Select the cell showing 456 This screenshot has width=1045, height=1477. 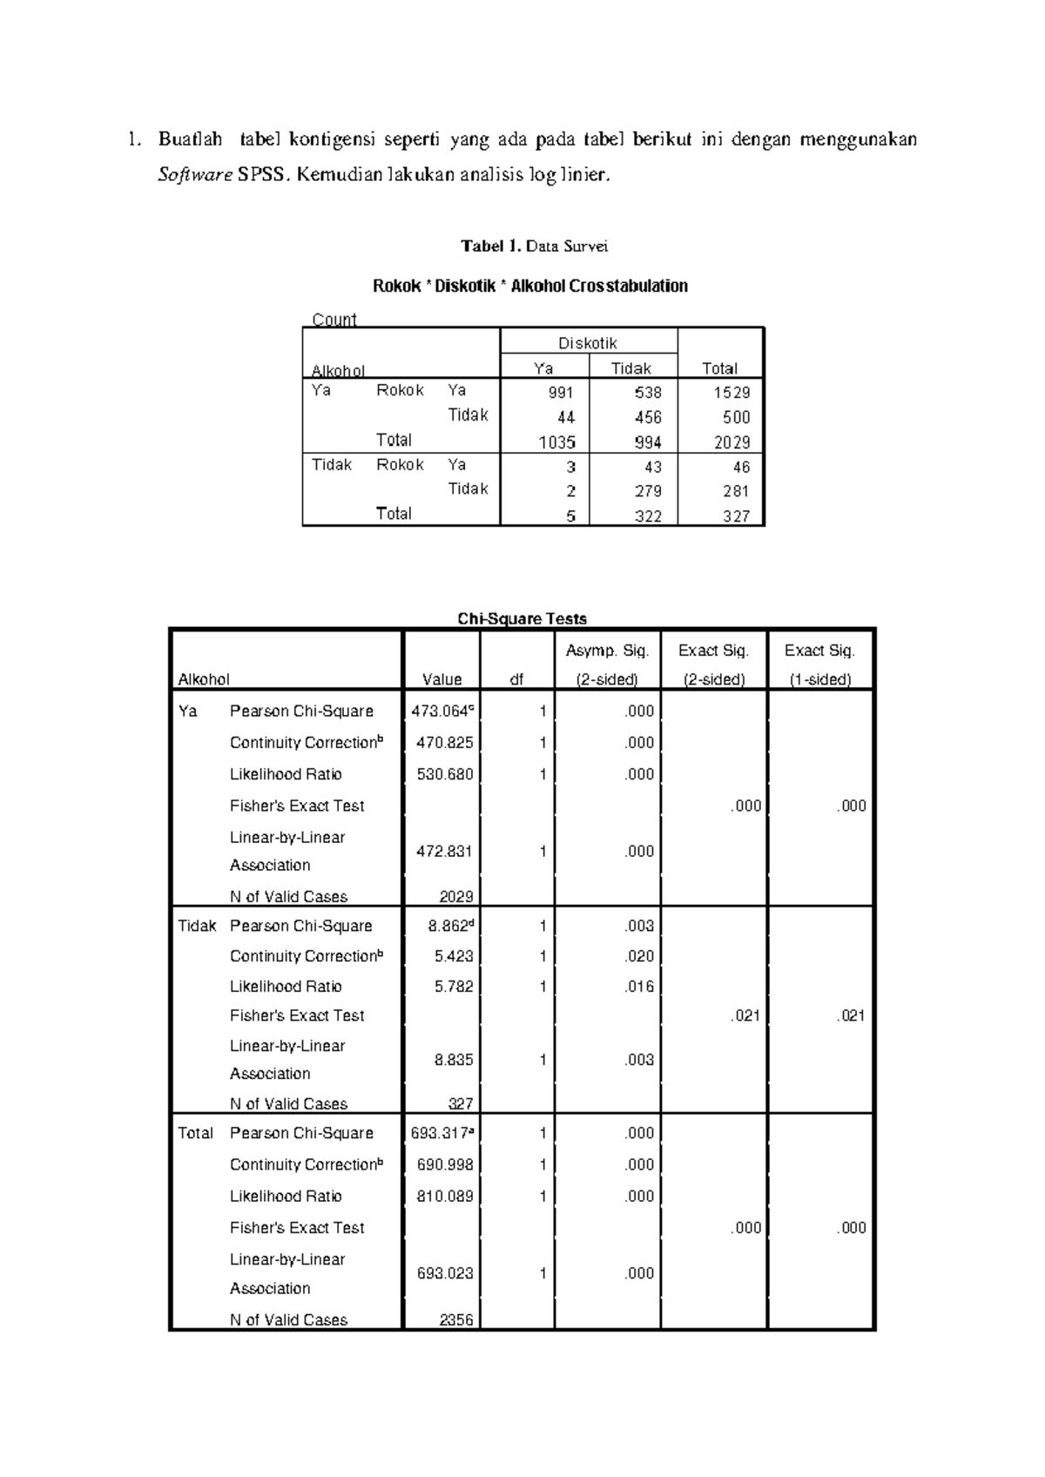pyautogui.click(x=648, y=417)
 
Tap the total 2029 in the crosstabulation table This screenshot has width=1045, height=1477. pyautogui.click(x=731, y=442)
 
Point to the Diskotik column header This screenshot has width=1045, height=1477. pyautogui.click(x=588, y=343)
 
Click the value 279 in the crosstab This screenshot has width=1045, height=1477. pyautogui.click(x=648, y=491)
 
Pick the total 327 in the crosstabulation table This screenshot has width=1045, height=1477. pyautogui.click(x=736, y=516)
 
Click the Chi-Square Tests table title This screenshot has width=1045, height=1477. pyautogui.click(x=522, y=618)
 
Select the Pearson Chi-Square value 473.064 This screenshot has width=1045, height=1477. pyautogui.click(x=442, y=712)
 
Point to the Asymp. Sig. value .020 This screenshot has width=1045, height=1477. pyautogui.click(x=639, y=956)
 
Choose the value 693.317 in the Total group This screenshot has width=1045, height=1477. pyautogui.click(x=442, y=1133)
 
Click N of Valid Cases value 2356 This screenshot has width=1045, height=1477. pyautogui.click(x=455, y=1319)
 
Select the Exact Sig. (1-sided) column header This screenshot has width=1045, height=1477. pyautogui.click(x=819, y=664)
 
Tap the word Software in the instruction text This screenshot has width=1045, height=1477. pyautogui.click(x=194, y=175)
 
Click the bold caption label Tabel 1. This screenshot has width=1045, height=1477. pyautogui.click(x=490, y=246)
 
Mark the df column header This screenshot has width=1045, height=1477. pyautogui.click(x=516, y=679)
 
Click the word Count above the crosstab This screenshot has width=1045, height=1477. pyautogui.click(x=334, y=319)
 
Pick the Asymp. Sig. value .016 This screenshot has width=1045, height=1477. pyautogui.click(x=639, y=987)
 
